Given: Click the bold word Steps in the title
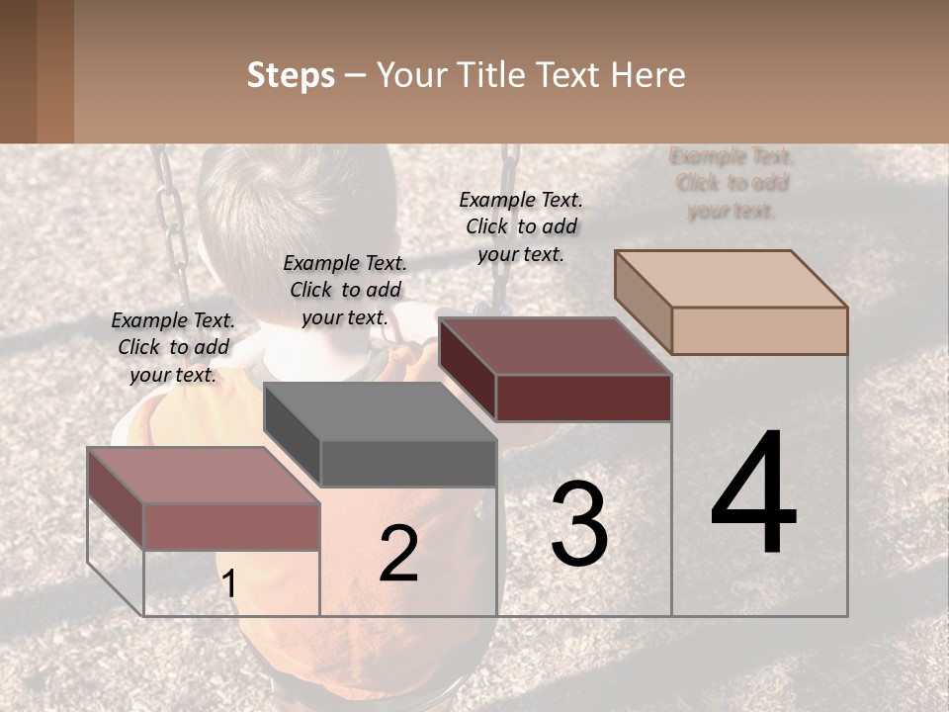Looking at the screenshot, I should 291,75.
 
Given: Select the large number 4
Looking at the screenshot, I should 753,494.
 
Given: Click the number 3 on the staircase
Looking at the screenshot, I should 579,524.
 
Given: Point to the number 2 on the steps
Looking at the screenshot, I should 398,554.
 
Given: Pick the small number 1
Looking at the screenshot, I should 229,584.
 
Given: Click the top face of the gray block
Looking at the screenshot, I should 381,410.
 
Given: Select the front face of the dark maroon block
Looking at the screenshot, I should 583,398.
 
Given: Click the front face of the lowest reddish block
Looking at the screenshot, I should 231,525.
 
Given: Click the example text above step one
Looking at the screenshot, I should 173,347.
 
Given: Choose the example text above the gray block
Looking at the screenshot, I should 345,290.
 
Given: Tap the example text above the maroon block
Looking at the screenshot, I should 521,226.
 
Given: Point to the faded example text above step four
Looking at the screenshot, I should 732,183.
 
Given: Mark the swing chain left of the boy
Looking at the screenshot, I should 173,222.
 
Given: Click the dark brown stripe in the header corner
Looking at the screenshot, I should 18,71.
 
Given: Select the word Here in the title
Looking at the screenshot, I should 647,75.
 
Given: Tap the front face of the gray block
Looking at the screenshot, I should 408,463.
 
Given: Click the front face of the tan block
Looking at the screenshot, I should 759,330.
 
